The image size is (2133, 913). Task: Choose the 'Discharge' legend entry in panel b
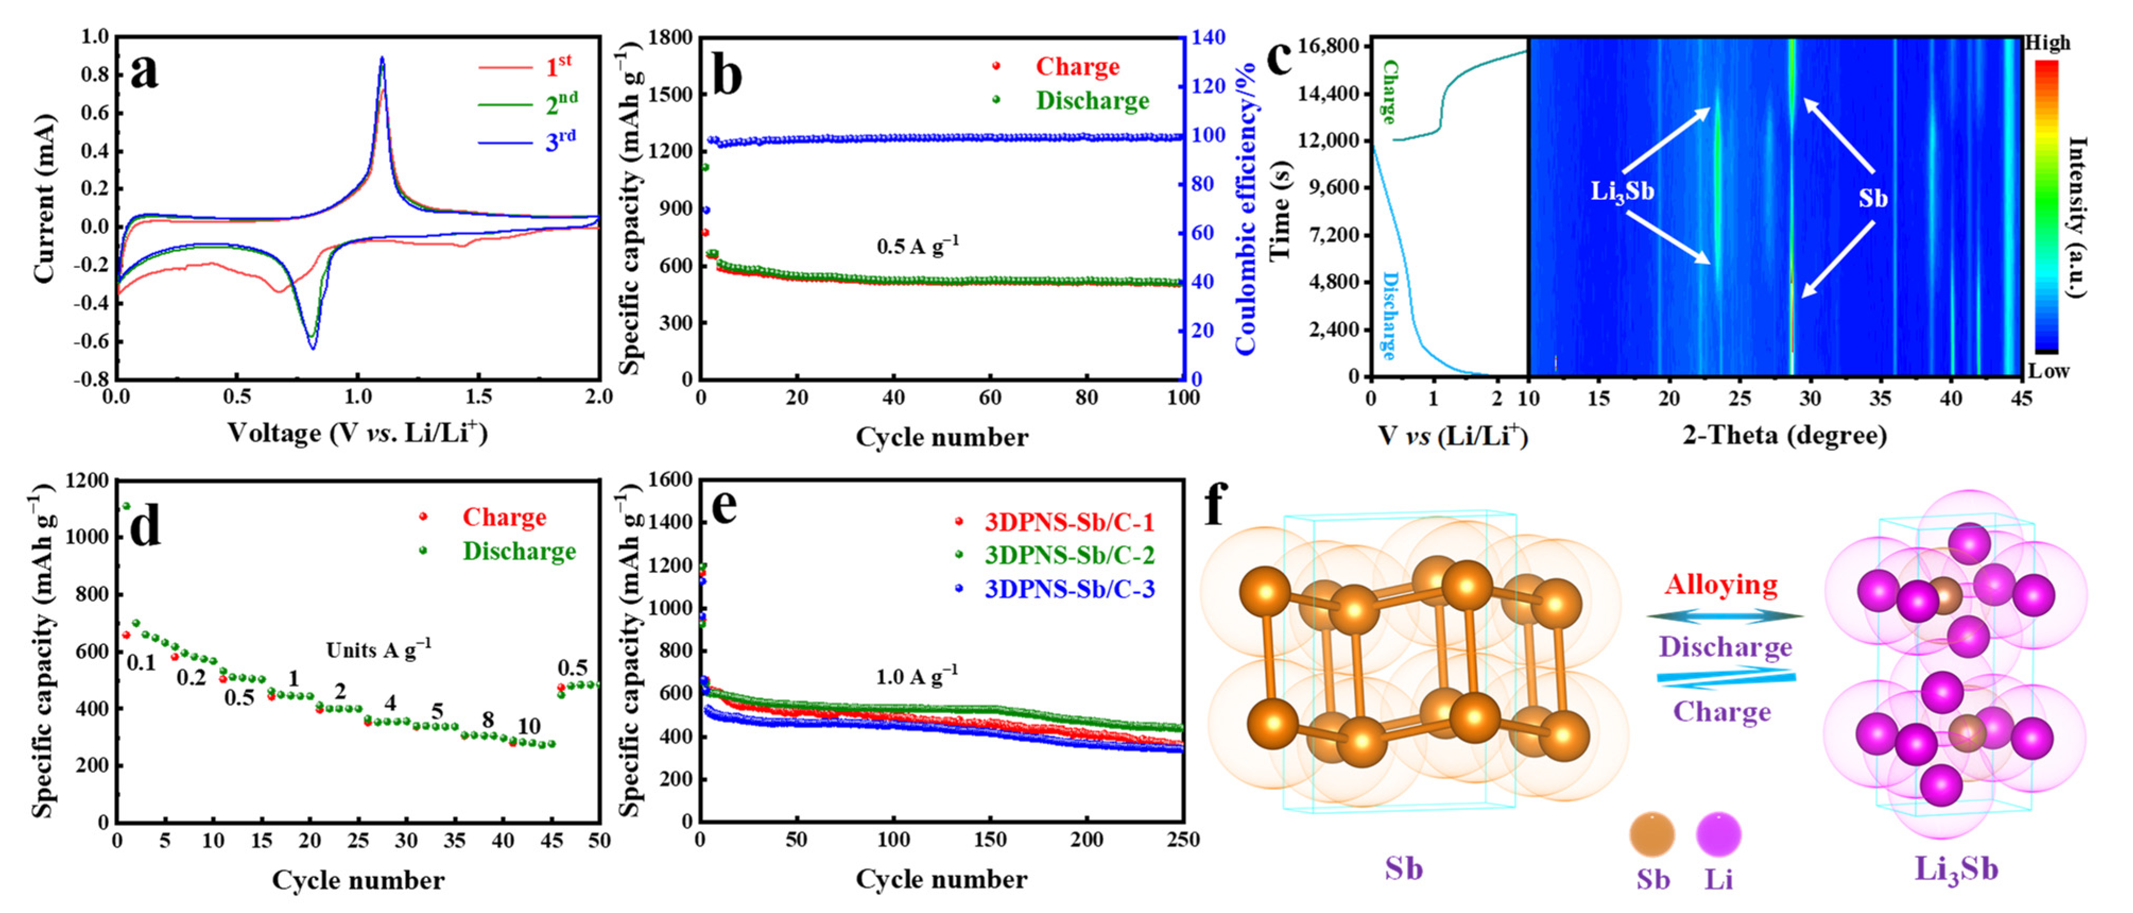[1091, 100]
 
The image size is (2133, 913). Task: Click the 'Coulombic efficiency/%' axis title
[1245, 207]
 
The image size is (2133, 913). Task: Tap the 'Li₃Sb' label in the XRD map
[1621, 191]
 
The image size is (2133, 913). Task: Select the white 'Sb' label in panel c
[1873, 198]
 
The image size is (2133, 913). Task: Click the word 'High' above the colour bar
[2047, 43]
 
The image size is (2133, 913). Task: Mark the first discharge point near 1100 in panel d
[126, 506]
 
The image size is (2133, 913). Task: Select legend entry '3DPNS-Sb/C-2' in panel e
[1069, 554]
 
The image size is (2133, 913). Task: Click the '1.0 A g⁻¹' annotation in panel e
[917, 676]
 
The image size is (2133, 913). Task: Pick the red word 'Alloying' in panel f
[1722, 585]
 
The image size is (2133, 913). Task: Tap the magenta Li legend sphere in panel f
[1718, 834]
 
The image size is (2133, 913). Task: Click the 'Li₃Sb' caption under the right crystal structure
[1956, 869]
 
